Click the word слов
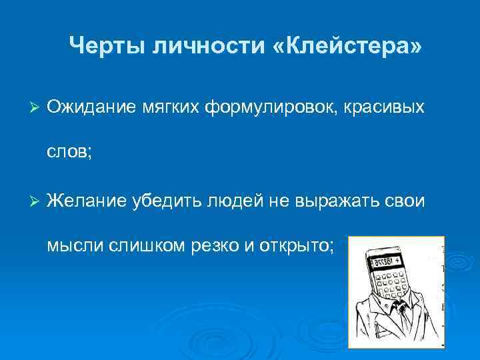(69, 153)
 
